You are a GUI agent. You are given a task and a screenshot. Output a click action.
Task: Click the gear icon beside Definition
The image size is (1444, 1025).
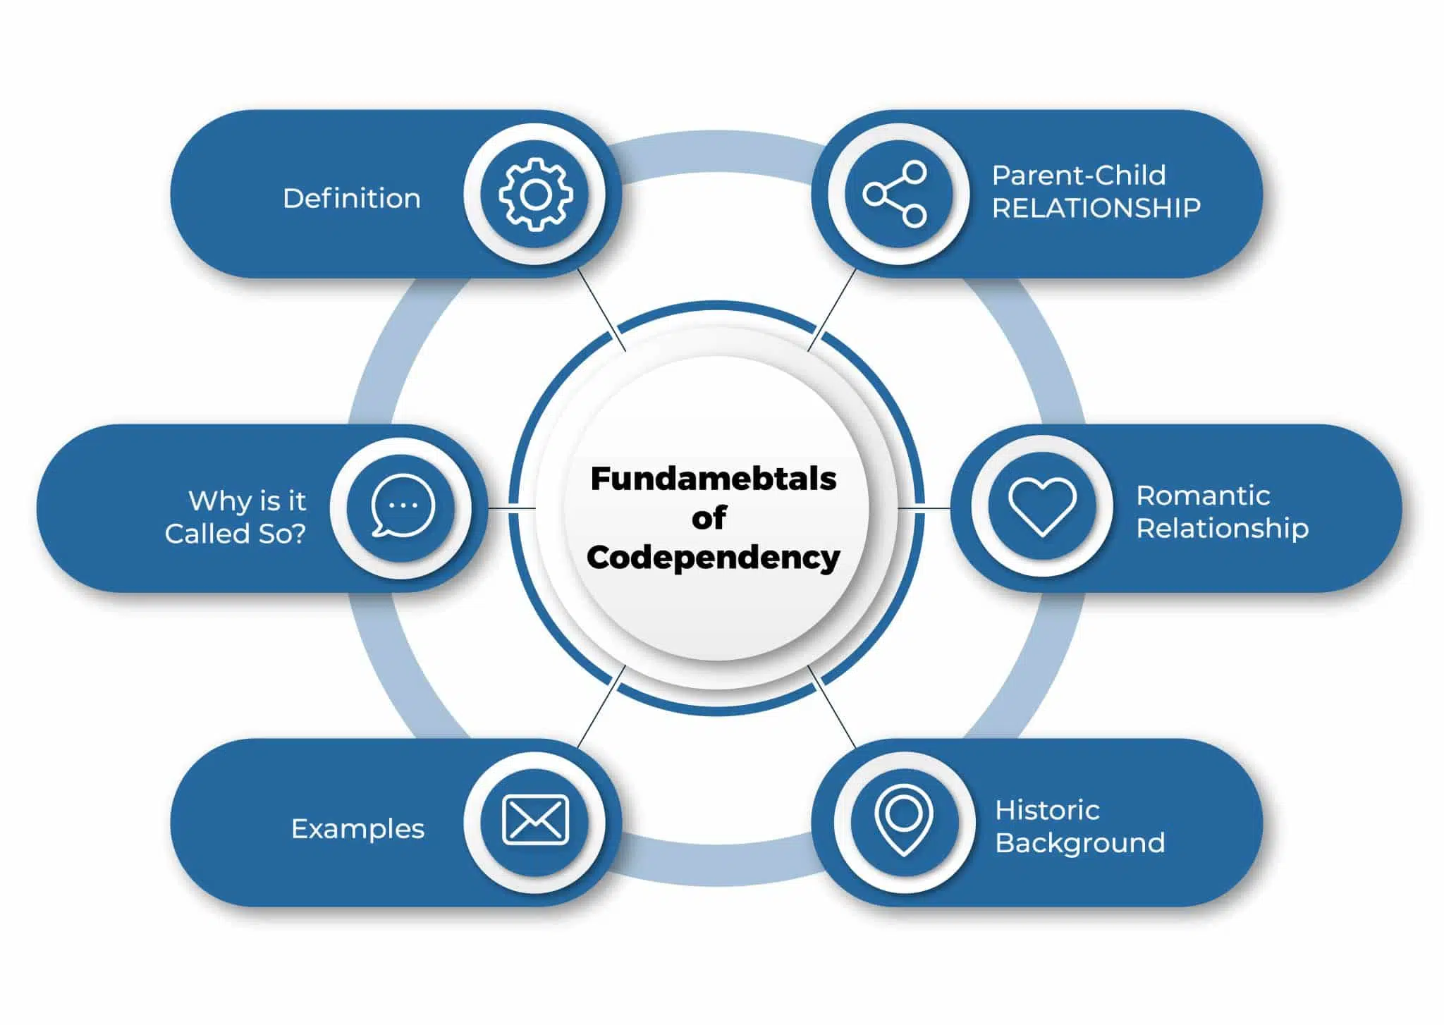click(535, 194)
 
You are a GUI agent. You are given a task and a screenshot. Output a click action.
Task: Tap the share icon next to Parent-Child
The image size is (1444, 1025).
click(896, 194)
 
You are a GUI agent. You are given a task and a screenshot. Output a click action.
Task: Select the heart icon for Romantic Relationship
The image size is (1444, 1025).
click(1042, 506)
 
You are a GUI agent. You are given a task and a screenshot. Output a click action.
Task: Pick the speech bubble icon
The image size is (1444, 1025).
click(402, 506)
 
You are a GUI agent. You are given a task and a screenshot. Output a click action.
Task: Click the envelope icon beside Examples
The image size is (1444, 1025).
click(535, 820)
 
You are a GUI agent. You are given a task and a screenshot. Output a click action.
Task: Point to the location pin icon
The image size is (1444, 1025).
click(904, 820)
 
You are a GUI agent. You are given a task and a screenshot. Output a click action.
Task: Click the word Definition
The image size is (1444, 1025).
click(351, 199)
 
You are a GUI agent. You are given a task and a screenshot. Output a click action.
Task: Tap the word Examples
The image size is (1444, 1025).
click(357, 829)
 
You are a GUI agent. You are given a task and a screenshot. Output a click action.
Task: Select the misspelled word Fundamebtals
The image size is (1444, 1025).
click(714, 479)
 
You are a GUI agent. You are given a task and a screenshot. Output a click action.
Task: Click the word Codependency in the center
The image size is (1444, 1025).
click(714, 558)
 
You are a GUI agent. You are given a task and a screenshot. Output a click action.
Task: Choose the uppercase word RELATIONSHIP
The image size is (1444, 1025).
click(1096, 208)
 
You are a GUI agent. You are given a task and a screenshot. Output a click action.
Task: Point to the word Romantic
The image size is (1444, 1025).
click(1203, 496)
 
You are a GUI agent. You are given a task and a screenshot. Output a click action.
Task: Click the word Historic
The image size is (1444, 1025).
click(1047, 810)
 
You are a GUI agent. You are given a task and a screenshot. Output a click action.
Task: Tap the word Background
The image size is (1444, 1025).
click(1079, 843)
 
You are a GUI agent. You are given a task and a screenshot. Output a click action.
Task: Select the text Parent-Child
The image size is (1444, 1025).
click(1079, 176)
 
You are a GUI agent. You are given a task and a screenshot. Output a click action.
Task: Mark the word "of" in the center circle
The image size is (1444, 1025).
click(709, 518)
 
